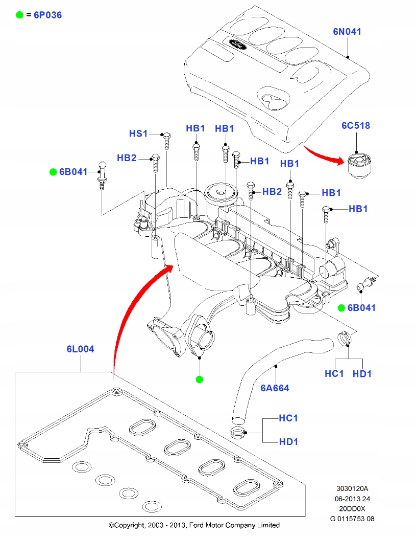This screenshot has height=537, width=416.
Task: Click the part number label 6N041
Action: click(347, 32)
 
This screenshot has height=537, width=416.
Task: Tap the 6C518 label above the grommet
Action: click(355, 125)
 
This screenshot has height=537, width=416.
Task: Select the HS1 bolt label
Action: click(138, 133)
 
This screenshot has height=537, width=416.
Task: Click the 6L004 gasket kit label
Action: click(80, 349)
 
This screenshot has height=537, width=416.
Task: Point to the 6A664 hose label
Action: click(275, 388)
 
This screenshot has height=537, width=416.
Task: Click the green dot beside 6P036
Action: click(19, 15)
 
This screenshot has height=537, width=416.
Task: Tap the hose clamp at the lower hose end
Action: click(238, 433)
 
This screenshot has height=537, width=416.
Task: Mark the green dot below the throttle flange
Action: click(200, 379)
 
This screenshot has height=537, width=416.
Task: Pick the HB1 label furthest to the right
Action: click(358, 209)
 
